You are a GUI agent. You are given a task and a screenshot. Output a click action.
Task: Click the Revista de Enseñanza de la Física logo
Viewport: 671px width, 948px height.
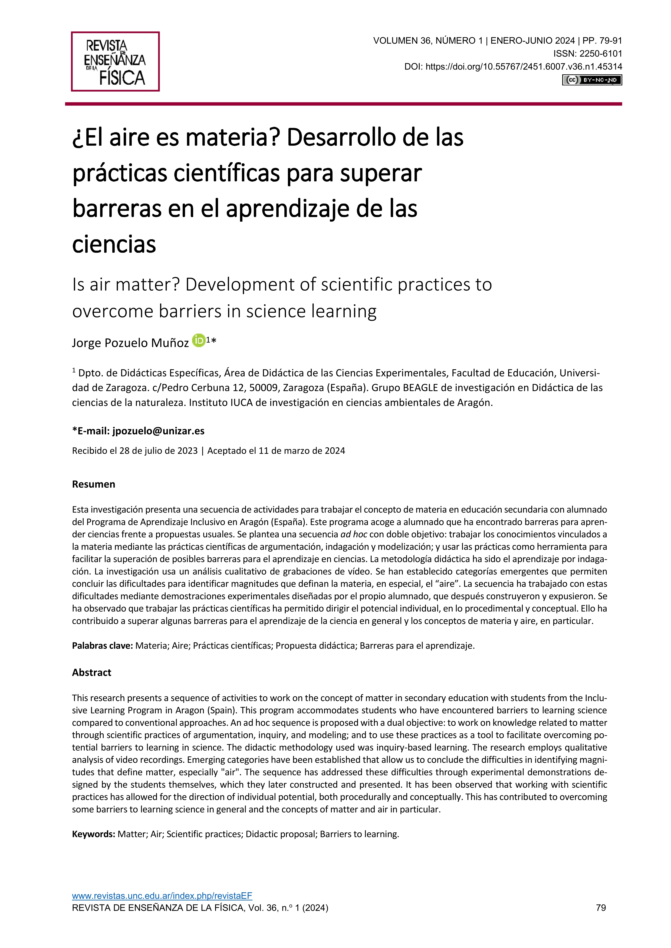(115, 62)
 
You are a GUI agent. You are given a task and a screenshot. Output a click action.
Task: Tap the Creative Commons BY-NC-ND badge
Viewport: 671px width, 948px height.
(592, 80)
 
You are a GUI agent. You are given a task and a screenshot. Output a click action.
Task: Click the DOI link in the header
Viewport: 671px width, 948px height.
(524, 66)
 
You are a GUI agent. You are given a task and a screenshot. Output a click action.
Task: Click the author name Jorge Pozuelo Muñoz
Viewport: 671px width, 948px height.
(130, 343)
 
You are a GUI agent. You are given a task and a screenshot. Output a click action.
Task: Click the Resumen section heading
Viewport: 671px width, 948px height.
(93, 484)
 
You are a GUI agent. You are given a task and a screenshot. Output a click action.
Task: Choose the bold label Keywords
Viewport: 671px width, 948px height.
(93, 834)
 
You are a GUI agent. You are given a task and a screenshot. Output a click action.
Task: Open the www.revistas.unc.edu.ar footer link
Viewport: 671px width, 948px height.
(162, 907)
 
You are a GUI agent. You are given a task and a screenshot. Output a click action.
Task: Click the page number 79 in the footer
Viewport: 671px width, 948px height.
(601, 919)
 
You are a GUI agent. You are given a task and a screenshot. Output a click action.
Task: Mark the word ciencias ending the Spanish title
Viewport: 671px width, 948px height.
(114, 244)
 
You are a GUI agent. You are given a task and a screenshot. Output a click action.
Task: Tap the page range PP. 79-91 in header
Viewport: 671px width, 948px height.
(602, 41)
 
